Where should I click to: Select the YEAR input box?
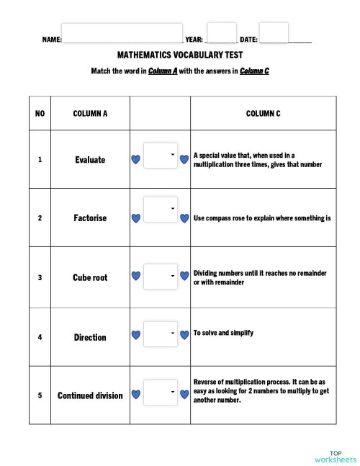(222, 33)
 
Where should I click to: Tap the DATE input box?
(274, 33)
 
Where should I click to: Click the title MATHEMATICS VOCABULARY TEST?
(179, 55)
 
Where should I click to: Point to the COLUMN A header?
(91, 114)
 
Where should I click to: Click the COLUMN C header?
(263, 114)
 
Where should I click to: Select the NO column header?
(40, 114)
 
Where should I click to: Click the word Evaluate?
(90, 160)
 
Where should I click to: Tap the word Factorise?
(90, 218)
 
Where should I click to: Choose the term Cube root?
(90, 277)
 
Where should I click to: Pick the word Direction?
(90, 337)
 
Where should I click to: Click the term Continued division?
(90, 395)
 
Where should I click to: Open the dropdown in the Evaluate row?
(161, 156)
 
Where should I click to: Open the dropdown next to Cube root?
(161, 275)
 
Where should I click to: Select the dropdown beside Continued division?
(161, 393)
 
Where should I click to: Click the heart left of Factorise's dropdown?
(135, 218)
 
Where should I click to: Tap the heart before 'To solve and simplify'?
(184, 334)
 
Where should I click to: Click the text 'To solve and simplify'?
(223, 333)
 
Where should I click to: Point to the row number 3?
(40, 277)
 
